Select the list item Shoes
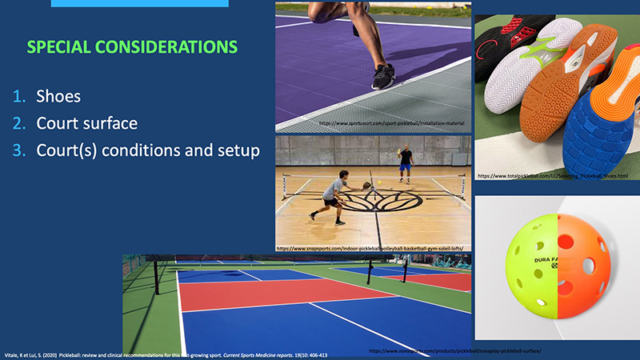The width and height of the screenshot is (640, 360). pos(58,98)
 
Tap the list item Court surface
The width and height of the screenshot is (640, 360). pos(86,124)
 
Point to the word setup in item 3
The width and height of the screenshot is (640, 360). pos(238,150)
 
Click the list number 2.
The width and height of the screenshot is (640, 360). pos(20,124)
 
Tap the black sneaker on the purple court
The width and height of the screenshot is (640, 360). pos(382,77)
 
